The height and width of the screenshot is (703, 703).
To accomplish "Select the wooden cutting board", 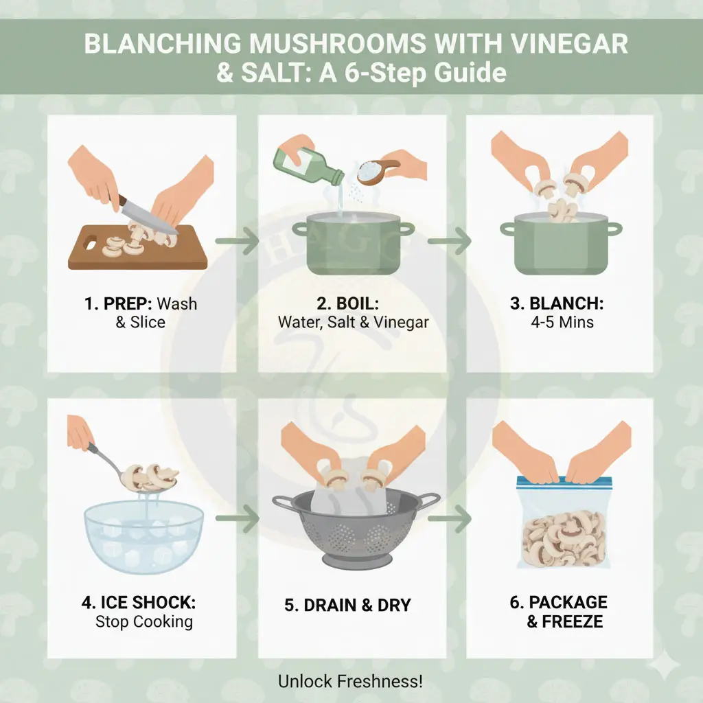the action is click(x=137, y=247).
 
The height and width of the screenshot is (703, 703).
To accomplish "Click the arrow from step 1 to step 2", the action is click(x=237, y=241).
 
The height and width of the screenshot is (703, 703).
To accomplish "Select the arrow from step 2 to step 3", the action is click(x=449, y=241).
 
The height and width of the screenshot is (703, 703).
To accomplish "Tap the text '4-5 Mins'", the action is click(x=562, y=323).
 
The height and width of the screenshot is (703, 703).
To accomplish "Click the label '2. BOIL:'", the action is click(x=348, y=303).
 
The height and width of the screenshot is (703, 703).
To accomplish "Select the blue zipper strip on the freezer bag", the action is click(x=564, y=481).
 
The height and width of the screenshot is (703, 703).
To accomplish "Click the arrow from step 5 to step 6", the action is click(x=449, y=519).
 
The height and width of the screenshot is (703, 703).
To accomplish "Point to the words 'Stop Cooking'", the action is click(x=144, y=622).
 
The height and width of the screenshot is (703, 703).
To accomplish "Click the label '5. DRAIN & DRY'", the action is click(x=347, y=606).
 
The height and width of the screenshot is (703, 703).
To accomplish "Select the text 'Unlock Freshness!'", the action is click(x=351, y=682).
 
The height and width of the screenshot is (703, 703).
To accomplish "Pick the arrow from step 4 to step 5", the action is click(x=237, y=519).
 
